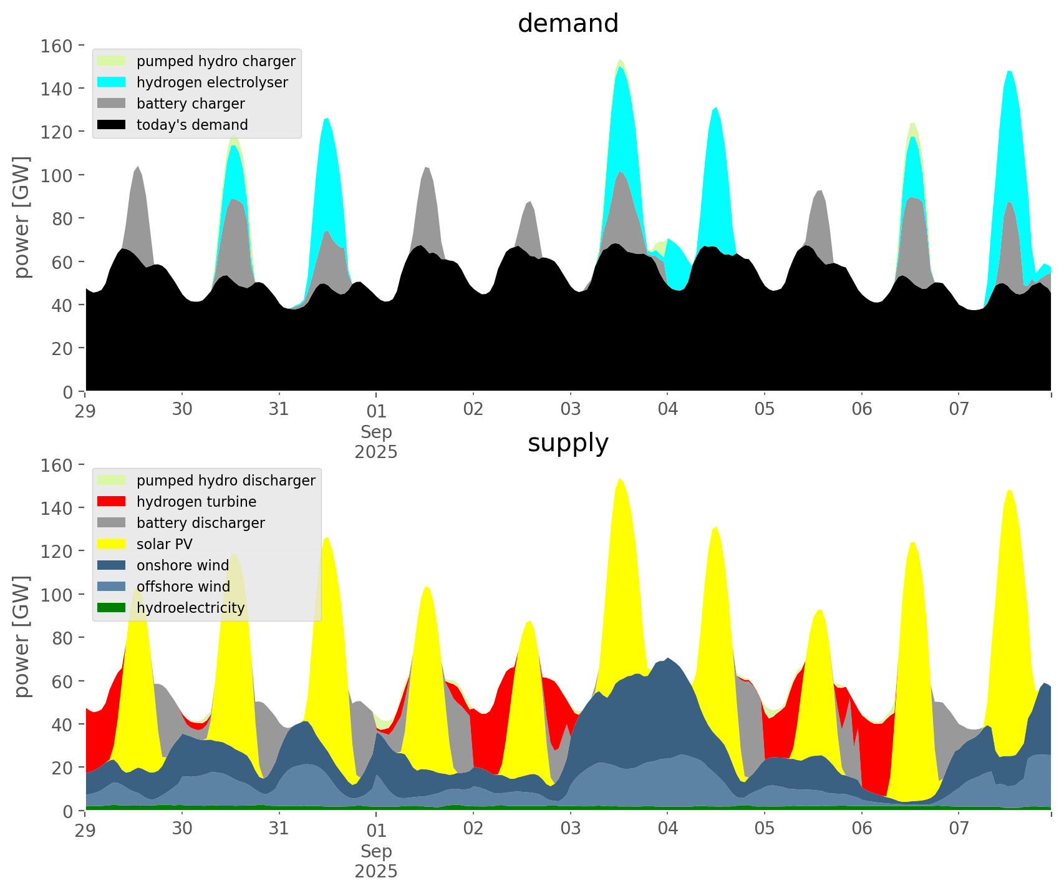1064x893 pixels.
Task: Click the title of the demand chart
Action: [x=568, y=24]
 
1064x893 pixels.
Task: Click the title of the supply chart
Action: [x=568, y=443]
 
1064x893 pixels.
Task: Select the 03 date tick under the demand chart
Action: [x=571, y=410]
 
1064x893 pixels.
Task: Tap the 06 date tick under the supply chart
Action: [x=862, y=829]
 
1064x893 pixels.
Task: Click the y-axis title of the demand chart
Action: [x=22, y=217]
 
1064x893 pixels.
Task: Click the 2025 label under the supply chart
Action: [x=376, y=871]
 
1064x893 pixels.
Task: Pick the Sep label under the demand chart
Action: [x=376, y=432]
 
